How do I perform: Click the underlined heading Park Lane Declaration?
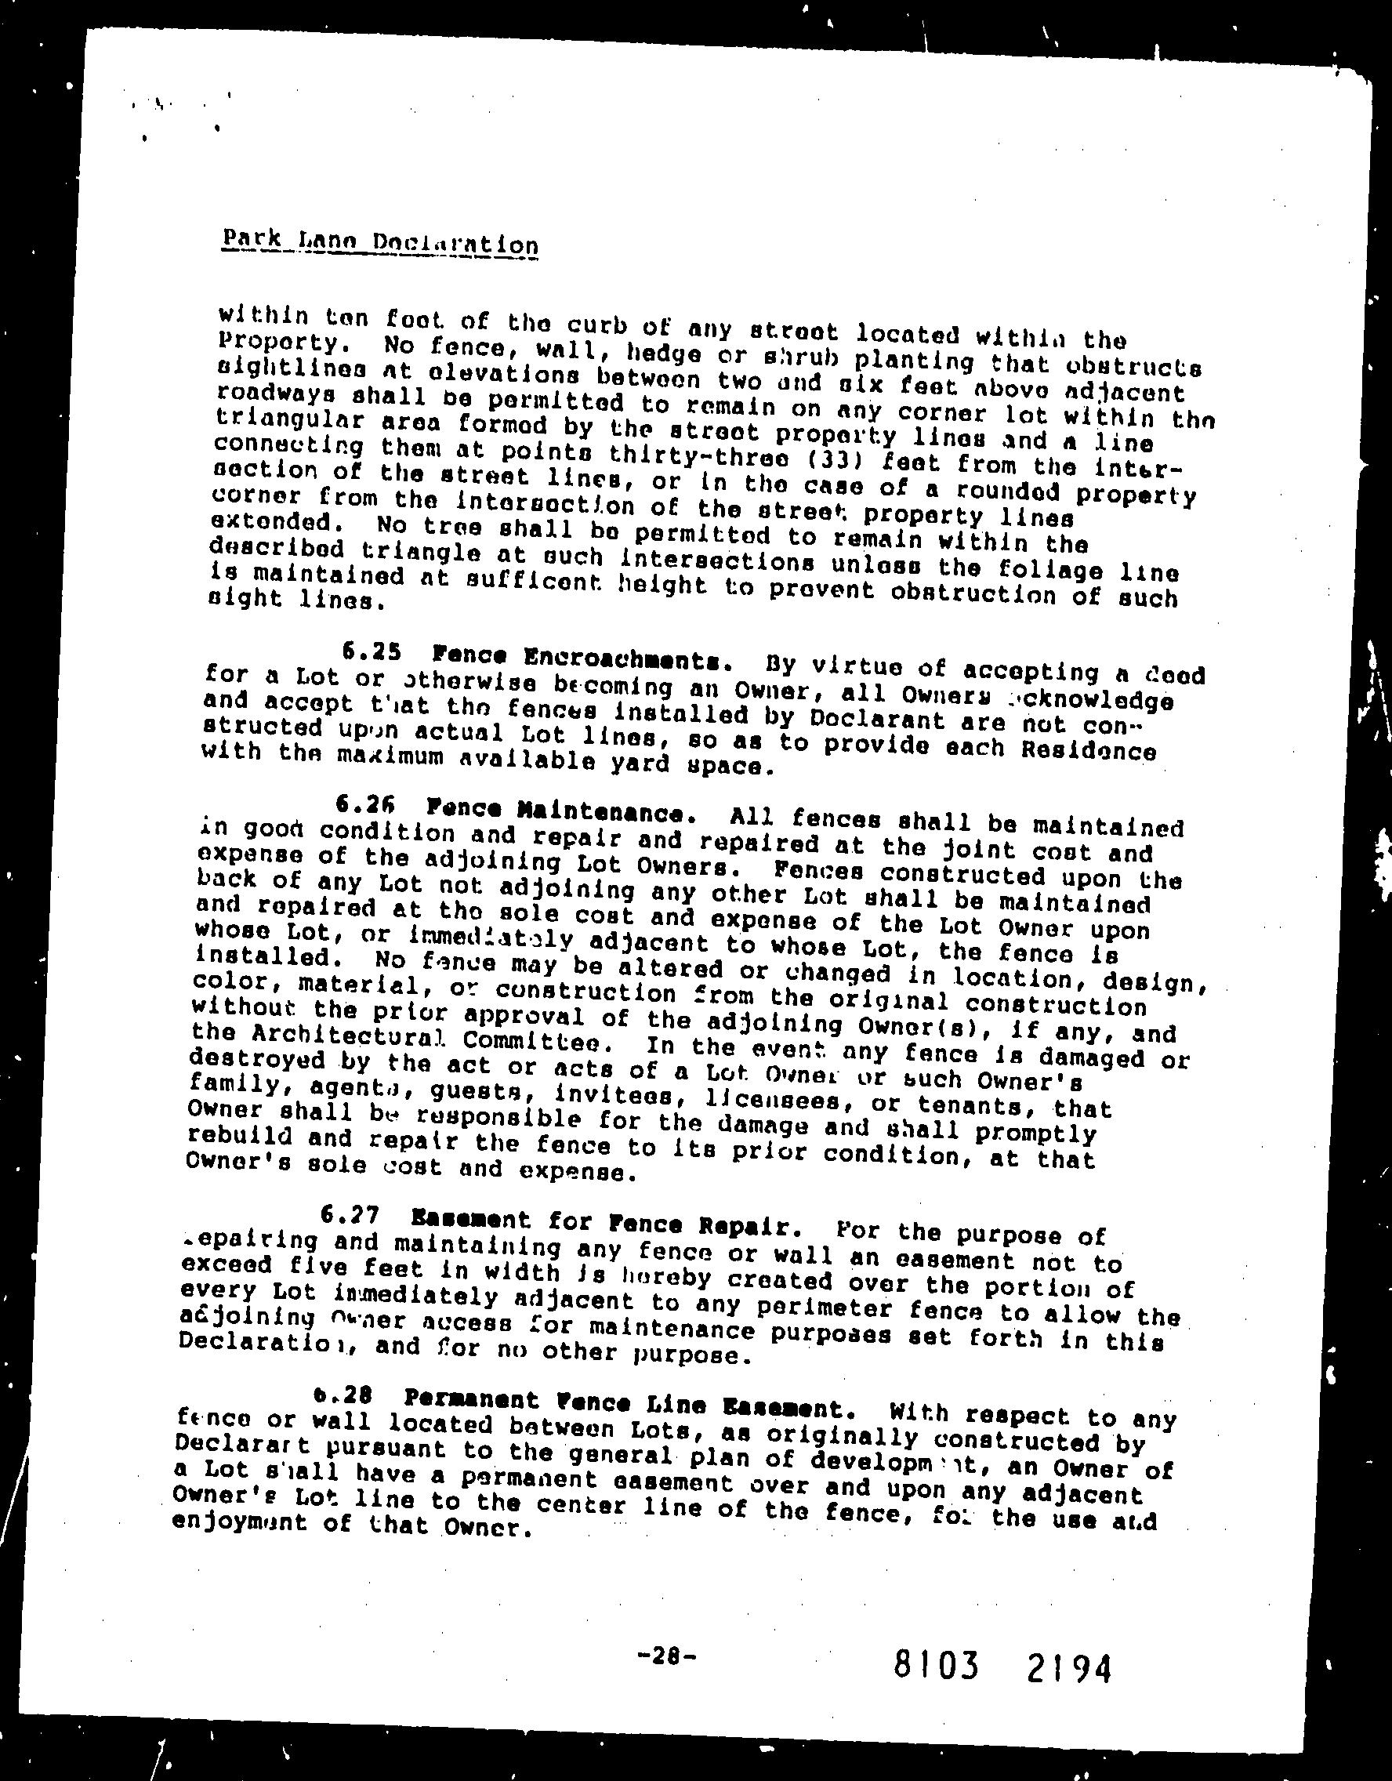(379, 242)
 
